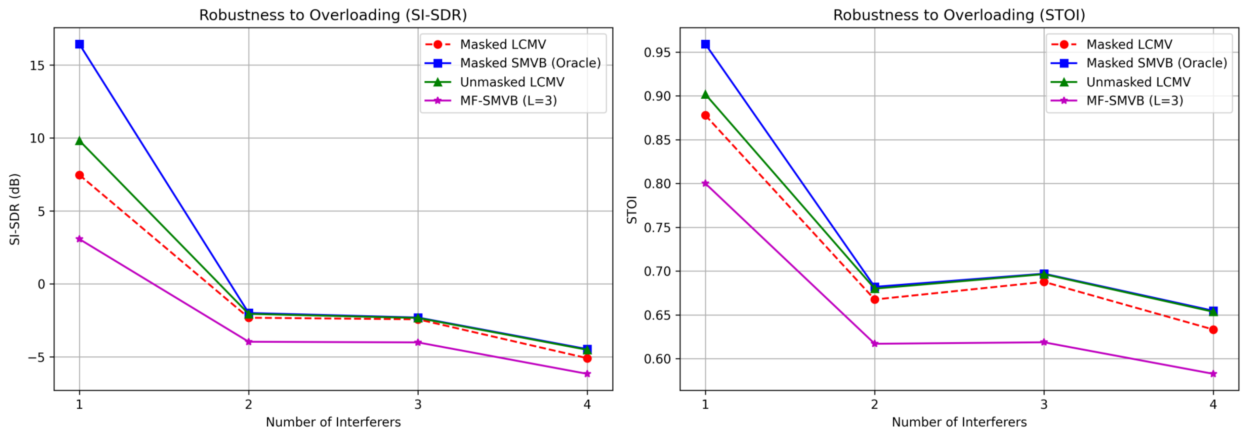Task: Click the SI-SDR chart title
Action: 333,15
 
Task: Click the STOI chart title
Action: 959,15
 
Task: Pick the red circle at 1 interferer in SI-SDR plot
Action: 79,175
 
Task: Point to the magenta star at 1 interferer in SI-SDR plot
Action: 79,239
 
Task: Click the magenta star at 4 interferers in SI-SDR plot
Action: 587,374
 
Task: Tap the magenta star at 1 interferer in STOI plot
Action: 705,184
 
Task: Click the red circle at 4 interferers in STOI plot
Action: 1213,330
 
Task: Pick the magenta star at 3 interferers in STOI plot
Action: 1044,342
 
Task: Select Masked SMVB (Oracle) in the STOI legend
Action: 1138,63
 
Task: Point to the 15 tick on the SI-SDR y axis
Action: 37,66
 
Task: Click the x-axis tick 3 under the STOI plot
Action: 1044,404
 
